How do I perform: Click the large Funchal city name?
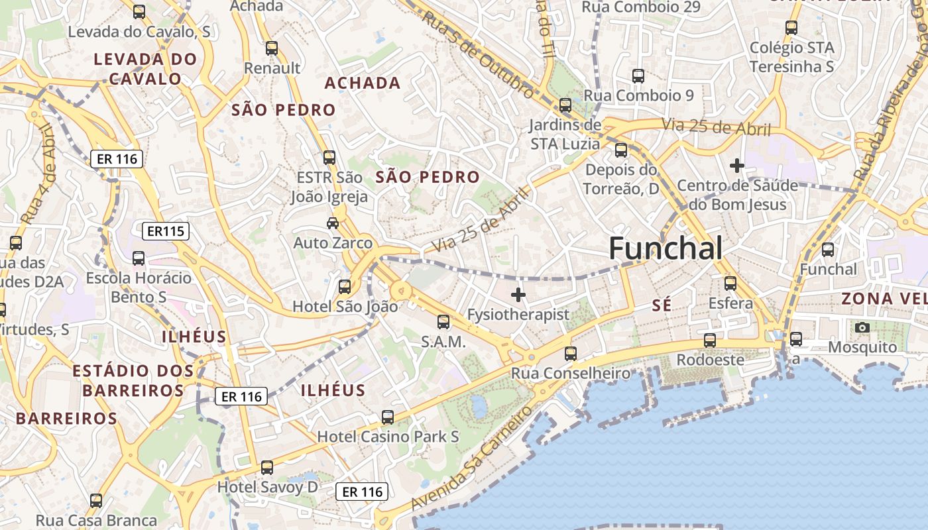666,248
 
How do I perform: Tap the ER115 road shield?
166,231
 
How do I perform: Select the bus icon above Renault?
271,48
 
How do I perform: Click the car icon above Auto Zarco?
333,223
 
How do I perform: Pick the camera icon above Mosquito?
862,327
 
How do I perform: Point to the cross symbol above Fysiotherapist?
518,295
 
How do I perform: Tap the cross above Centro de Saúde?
736,166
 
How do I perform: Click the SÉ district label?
662,305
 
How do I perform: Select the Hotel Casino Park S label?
388,437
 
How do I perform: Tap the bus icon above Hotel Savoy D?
267,468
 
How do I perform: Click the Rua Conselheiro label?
570,373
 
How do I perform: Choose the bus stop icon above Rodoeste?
710,341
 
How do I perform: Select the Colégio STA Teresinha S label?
791,57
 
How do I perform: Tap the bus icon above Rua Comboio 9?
638,76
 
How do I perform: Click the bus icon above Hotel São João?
345,287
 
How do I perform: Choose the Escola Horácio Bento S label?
139,287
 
